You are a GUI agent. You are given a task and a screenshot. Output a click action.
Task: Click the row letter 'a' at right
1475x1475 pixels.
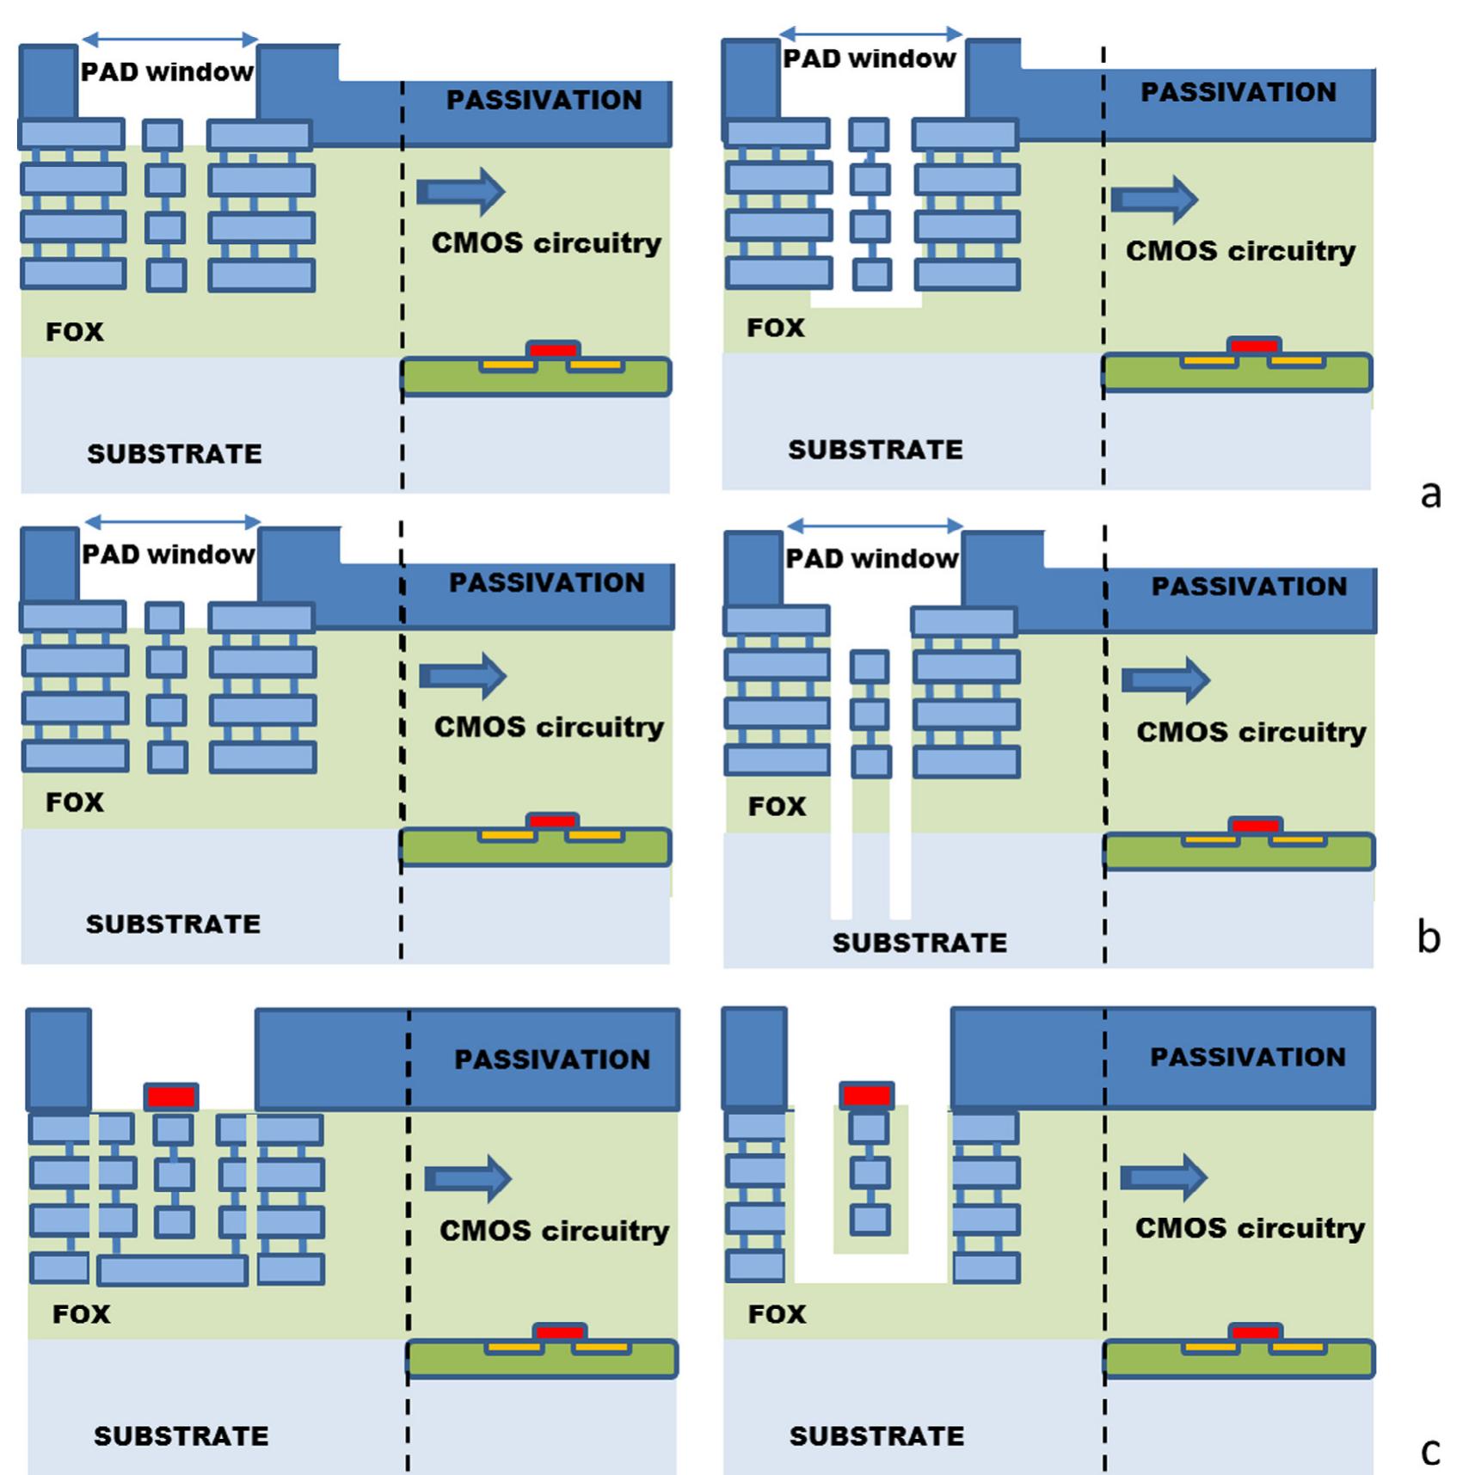(x=1429, y=495)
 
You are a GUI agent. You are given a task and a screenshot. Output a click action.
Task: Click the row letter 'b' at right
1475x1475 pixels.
(x=1429, y=937)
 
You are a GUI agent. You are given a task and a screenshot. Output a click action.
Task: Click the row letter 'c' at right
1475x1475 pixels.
(x=1429, y=1452)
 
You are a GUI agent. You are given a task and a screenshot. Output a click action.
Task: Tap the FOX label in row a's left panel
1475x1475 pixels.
(x=75, y=332)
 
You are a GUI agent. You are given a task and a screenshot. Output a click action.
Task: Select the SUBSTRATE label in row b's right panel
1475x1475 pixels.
(x=919, y=943)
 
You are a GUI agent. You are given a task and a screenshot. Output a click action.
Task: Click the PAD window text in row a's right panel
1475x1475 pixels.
(x=870, y=58)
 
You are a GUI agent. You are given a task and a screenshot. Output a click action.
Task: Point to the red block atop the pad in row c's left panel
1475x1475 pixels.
(x=171, y=1097)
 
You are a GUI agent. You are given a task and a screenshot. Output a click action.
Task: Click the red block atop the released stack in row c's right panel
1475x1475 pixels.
(x=867, y=1096)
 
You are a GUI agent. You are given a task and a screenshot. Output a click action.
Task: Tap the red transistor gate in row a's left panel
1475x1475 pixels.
(x=553, y=350)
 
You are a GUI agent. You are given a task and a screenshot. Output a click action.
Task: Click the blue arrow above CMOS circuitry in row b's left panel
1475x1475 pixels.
(x=463, y=676)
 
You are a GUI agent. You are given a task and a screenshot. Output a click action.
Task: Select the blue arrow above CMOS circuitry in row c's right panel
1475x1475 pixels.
(x=1164, y=1177)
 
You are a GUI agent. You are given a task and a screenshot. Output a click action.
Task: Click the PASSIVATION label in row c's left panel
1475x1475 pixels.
(x=552, y=1060)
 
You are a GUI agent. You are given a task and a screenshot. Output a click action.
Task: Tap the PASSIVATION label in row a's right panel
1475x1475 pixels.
(x=1238, y=92)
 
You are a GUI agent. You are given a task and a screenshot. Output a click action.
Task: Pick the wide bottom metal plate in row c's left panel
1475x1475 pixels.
(x=173, y=1269)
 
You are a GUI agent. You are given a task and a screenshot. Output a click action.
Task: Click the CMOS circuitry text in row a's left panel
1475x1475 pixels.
(x=546, y=243)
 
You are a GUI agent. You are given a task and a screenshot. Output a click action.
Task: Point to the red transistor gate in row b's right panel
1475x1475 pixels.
(x=1256, y=826)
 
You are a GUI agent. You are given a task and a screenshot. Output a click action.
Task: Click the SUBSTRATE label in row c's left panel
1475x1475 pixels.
(x=181, y=1435)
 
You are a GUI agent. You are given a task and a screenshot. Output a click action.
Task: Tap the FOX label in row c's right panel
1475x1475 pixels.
(x=777, y=1314)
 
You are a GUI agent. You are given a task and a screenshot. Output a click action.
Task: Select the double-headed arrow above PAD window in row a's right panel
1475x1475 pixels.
(x=870, y=34)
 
